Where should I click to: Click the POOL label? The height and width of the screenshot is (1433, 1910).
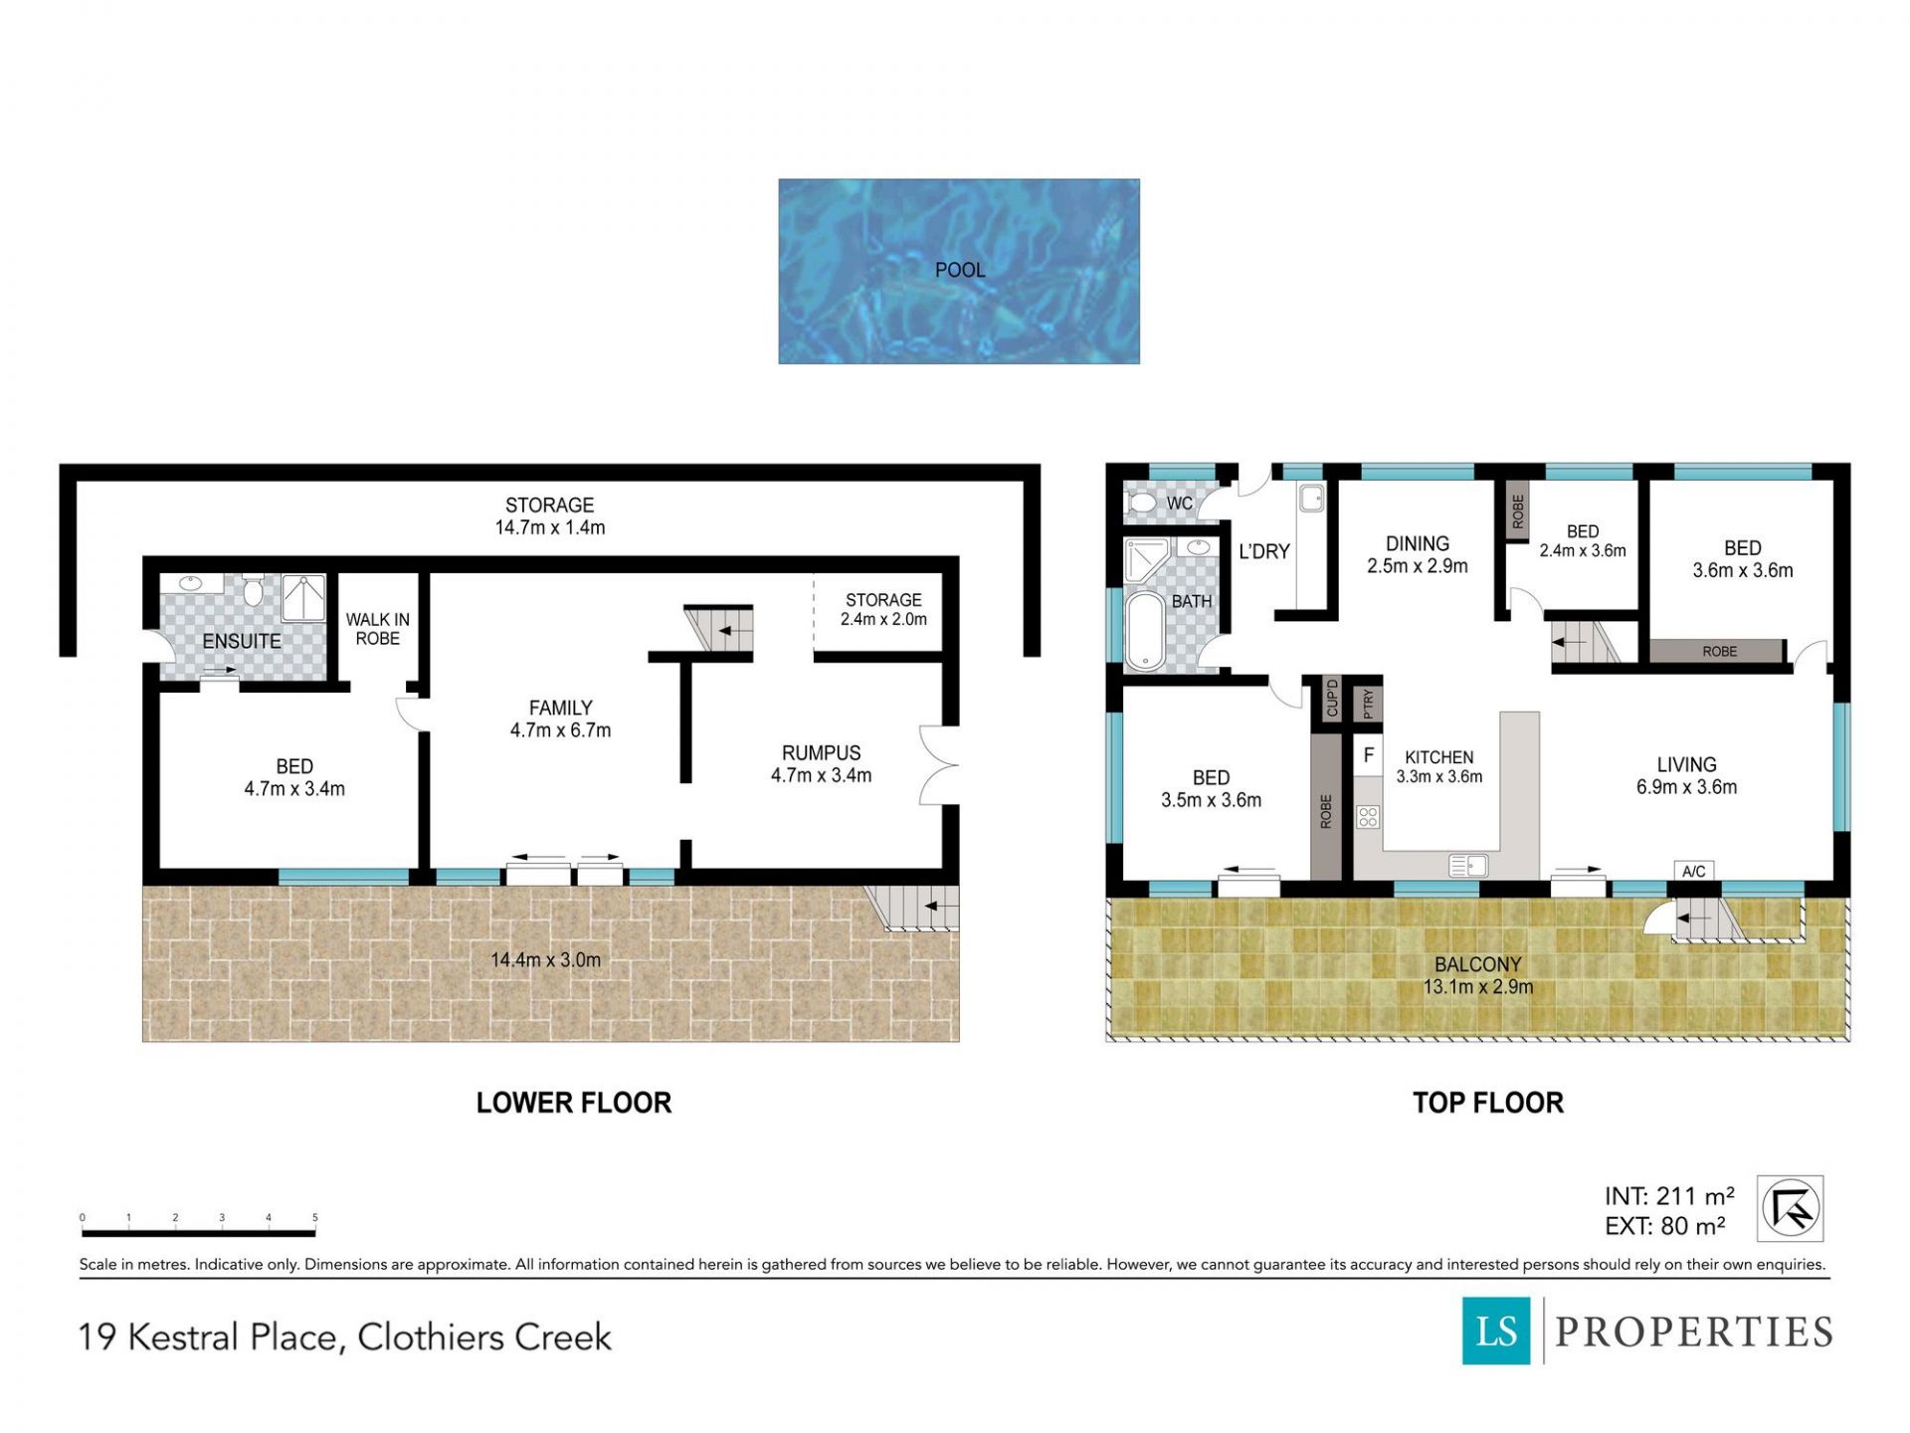(960, 270)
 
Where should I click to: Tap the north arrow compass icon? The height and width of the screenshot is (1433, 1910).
(1790, 1209)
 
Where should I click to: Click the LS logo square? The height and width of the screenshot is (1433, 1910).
(1496, 1331)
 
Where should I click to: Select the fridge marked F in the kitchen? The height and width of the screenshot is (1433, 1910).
(1369, 755)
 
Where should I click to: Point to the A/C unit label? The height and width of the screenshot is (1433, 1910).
(1693, 872)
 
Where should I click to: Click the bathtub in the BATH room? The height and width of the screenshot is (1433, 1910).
(1146, 631)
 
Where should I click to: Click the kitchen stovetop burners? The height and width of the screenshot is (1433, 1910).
(1368, 817)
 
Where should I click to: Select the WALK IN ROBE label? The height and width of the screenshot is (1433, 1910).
(378, 629)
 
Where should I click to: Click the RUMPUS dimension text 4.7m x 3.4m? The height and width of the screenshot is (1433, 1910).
(821, 775)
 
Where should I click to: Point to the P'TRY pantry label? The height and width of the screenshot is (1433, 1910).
(1369, 704)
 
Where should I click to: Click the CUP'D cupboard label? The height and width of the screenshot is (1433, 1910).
(1332, 699)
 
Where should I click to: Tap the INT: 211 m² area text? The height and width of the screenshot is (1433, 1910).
(1669, 1196)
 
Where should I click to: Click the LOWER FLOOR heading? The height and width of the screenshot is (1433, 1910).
(574, 1103)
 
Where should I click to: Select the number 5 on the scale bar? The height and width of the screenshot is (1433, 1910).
(315, 1217)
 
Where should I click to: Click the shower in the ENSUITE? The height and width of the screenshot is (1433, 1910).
(303, 598)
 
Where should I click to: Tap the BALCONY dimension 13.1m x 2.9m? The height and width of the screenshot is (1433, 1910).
(1477, 987)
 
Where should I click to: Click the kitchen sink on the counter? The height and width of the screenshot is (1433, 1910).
(1468, 866)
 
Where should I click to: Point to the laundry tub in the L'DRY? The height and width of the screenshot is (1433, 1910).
(1312, 498)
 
